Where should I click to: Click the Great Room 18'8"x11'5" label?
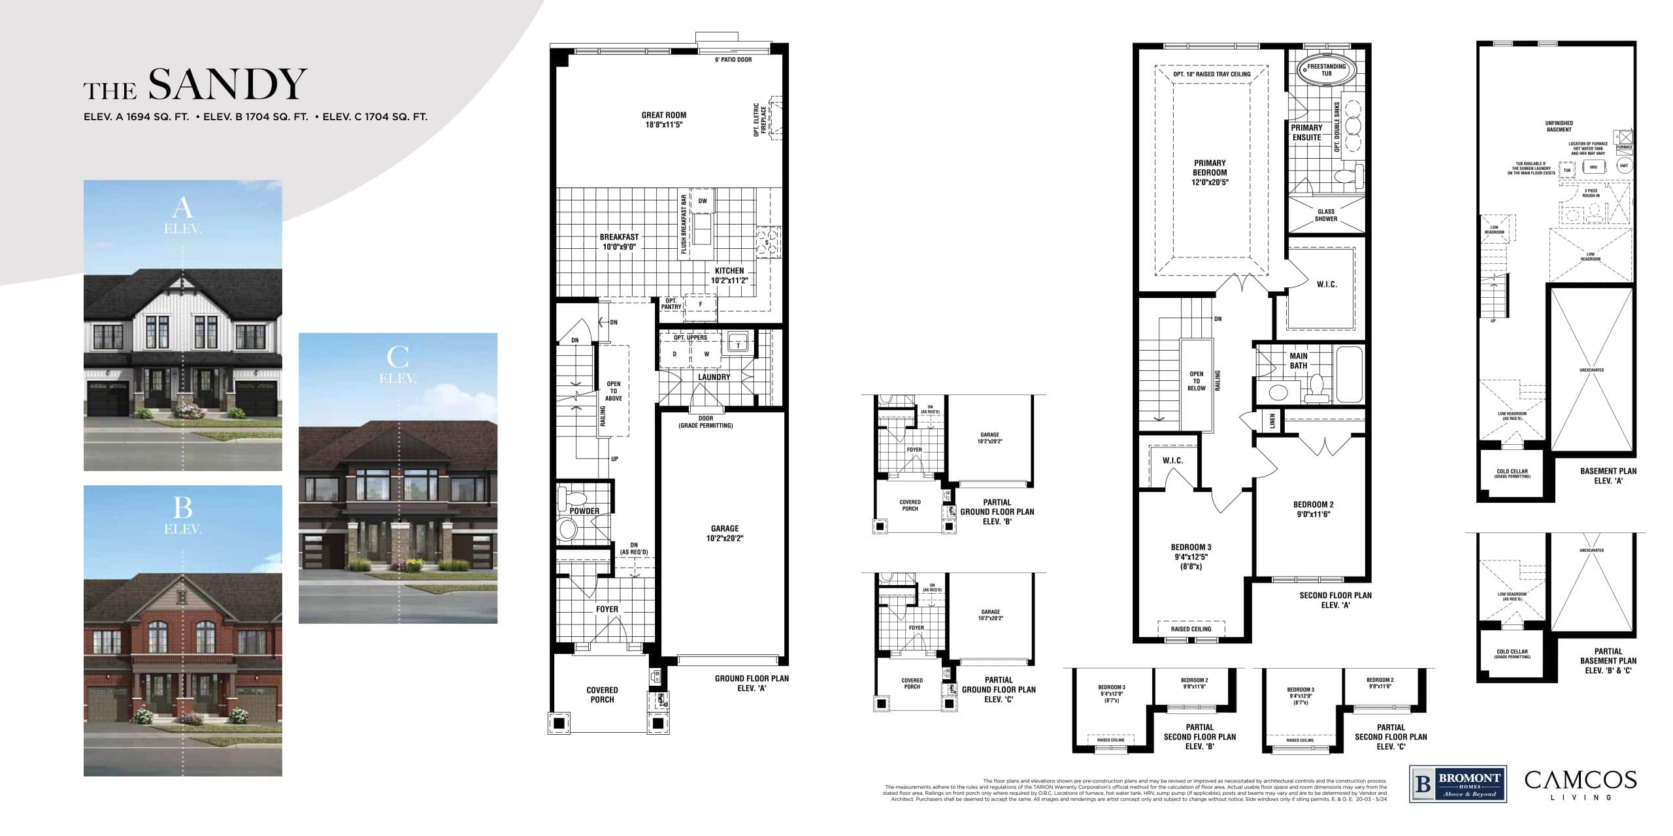tap(663, 120)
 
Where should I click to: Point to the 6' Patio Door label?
tap(733, 59)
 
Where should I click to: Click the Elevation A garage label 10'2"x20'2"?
tap(724, 533)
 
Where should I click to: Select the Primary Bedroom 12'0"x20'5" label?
tap(1210, 173)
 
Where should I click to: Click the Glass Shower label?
tap(1326, 215)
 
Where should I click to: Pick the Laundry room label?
tap(714, 377)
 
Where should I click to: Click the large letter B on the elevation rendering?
tap(182, 507)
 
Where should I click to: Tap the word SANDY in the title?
tap(227, 85)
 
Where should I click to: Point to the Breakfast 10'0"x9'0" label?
tap(619, 242)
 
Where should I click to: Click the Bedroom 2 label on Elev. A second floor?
tap(1313, 509)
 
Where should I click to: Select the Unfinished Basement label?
tap(1559, 126)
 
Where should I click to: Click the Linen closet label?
tap(1272, 421)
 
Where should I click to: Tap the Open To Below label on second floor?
tap(1196, 381)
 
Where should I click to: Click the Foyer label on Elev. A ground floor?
tap(606, 609)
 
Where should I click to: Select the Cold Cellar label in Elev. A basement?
tap(1512, 473)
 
